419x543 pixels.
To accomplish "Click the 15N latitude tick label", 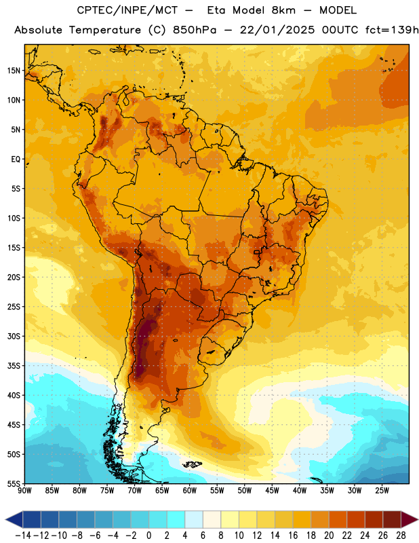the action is coord(14,71).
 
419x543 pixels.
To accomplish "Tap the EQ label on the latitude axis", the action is coord(16,160).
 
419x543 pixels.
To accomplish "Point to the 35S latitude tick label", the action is coord(14,366).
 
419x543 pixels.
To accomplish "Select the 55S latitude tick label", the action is coord(14,483).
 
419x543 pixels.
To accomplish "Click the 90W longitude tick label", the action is coord(24,490).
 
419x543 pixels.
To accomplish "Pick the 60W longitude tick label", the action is coord(190,490).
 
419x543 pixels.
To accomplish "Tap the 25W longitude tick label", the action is coord(382,490).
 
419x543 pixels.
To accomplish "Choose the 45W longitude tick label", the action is coord(272,490).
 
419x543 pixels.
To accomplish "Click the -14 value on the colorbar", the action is coord(23,536).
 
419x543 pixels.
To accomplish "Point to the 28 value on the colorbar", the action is coord(401,536).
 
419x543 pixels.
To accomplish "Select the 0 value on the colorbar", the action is coord(149,536).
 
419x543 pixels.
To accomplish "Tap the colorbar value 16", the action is coord(293,536).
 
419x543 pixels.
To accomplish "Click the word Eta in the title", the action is coord(216,10).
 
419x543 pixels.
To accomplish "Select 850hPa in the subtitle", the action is coord(195,30).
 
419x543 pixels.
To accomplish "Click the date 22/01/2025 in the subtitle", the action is coord(277,30).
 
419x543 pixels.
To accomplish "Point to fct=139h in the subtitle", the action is coord(392,30).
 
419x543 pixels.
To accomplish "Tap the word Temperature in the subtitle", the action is coord(105,31).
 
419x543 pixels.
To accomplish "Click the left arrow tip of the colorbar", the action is coord(6,519).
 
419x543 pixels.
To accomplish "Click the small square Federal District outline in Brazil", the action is coord(257,252).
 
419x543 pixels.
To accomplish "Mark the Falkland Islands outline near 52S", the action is coord(193,464).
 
